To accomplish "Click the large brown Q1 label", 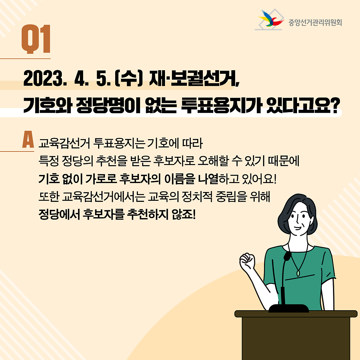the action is (x=36, y=39).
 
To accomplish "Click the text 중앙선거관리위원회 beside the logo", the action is (x=315, y=22).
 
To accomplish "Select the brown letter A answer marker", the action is (x=28, y=139).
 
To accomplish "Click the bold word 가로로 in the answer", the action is (x=101, y=179).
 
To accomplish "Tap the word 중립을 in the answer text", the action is (x=231, y=197).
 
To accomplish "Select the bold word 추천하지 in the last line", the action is (x=148, y=214).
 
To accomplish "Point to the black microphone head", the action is (x=287, y=256).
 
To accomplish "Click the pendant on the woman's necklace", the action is (x=298, y=273).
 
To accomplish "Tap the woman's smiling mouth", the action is (x=297, y=228).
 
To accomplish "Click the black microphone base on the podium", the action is (x=288, y=309).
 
